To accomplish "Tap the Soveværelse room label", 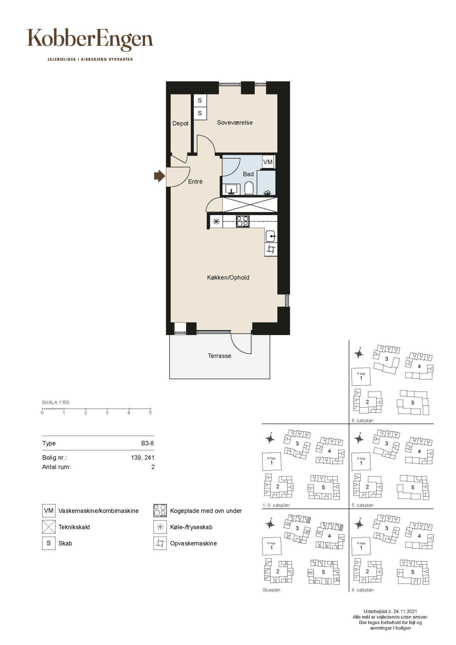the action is [x=235, y=123].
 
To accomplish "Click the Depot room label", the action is [x=180, y=123].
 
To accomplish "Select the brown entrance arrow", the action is [x=159, y=176].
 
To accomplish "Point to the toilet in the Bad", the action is [x=249, y=188].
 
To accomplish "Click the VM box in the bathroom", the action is [x=268, y=162].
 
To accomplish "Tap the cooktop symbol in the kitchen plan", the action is [x=243, y=221].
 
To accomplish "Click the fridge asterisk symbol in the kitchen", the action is [x=216, y=222].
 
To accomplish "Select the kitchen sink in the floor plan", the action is [x=271, y=236].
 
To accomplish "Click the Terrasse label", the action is [x=220, y=356].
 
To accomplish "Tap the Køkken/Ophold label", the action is [x=228, y=277].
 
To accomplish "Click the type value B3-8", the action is [x=147, y=443].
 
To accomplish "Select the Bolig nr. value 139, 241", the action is [x=143, y=457].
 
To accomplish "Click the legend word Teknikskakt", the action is [x=74, y=527].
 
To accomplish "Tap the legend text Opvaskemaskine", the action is [x=193, y=543].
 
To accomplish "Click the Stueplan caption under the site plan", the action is [x=271, y=590].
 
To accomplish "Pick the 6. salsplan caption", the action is [x=362, y=421].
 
